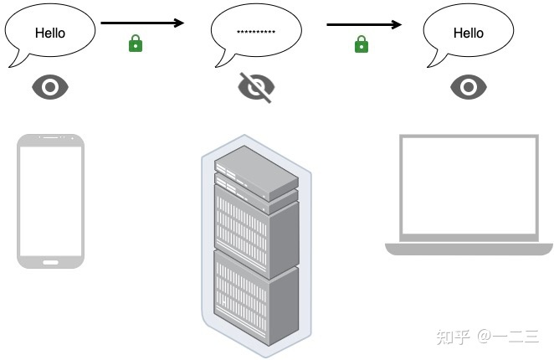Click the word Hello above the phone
click(49, 33)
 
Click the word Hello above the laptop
click(468, 33)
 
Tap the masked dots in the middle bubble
click(256, 32)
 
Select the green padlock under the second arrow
click(361, 44)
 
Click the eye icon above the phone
click(50, 87)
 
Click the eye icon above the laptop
click(469, 87)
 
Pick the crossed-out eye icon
click(256, 86)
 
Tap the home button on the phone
click(51, 260)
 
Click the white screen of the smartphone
click(51, 199)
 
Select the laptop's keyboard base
click(469, 248)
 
